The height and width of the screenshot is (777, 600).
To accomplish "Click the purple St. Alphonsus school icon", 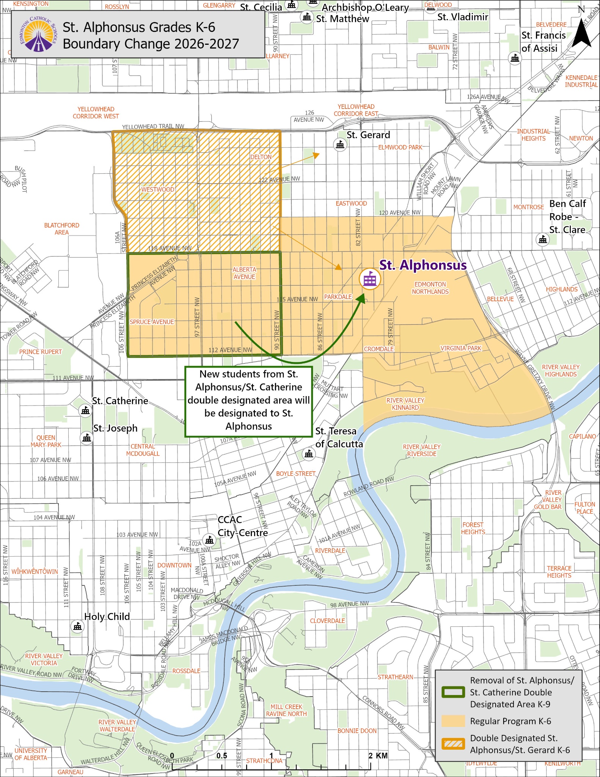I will click(369, 279).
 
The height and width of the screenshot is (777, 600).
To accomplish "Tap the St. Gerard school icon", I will click(340, 145).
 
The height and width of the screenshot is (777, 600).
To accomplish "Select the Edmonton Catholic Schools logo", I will click(38, 34).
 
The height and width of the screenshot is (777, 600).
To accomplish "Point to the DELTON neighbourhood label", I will click(261, 157).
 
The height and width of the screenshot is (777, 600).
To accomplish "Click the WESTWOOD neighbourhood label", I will click(158, 189).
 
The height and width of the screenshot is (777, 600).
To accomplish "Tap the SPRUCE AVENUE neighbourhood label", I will click(152, 322).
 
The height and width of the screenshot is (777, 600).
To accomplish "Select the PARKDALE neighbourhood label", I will click(338, 297).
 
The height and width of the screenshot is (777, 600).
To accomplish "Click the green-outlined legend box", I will click(453, 692).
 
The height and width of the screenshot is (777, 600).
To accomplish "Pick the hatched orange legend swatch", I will click(453, 744).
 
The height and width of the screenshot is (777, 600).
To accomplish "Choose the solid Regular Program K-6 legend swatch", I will click(453, 721).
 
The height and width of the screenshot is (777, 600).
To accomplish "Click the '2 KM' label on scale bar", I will click(378, 755).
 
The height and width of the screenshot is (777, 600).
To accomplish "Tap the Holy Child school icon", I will click(78, 626).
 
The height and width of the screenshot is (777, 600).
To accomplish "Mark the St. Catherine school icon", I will click(85, 411).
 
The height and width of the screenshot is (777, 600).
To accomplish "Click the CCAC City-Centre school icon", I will click(209, 539).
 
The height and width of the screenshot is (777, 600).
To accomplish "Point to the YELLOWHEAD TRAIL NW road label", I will click(153, 127).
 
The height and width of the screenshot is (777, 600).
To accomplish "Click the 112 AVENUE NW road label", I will click(230, 350).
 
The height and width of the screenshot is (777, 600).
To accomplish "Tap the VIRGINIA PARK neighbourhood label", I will click(460, 348).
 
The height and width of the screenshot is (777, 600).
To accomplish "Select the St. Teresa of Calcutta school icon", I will click(309, 454).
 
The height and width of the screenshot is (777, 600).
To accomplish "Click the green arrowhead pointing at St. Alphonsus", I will click(361, 299).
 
